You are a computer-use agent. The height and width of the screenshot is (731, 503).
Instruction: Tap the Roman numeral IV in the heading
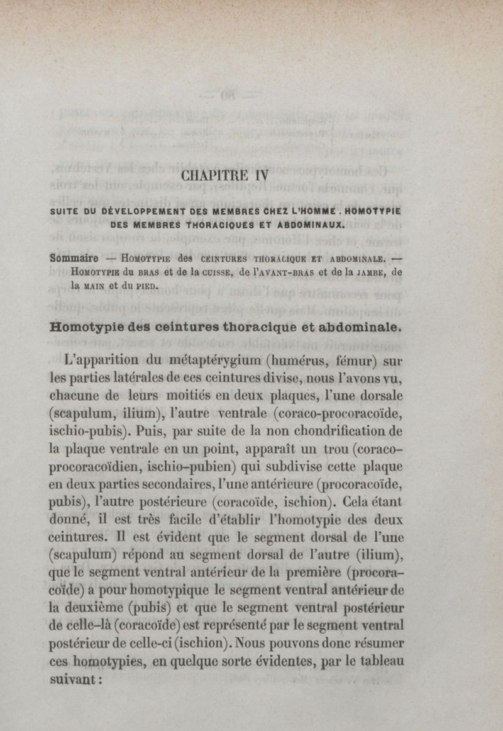point(260,176)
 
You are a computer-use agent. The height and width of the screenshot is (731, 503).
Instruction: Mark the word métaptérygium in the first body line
point(210,362)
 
